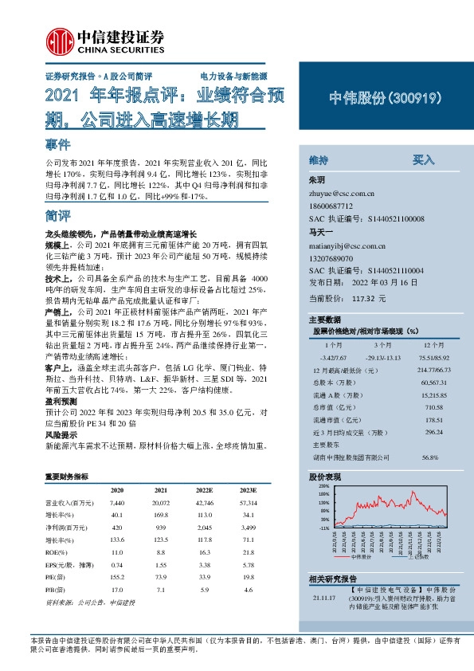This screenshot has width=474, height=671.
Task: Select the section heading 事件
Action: coord(58,146)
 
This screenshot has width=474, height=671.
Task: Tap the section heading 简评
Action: coord(58,216)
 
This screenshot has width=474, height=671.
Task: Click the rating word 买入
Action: coord(423,159)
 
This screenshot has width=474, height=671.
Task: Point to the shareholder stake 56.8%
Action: coord(431,457)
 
